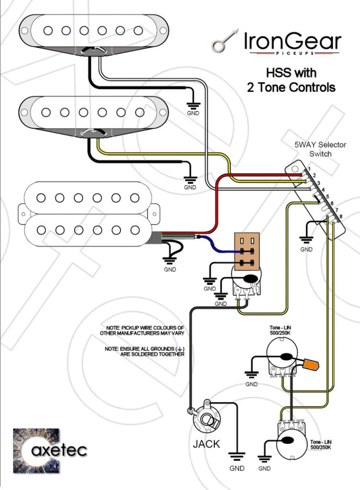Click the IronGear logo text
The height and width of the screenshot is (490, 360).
[293, 42]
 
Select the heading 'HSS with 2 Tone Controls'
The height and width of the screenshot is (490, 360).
[291, 80]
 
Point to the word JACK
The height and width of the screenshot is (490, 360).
[206, 444]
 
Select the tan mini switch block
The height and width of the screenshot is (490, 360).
[247, 252]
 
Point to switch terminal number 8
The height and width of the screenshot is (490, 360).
[341, 217]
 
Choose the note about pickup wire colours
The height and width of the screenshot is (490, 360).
[142, 330]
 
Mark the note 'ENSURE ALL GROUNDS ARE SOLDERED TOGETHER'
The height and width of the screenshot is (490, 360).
[145, 352]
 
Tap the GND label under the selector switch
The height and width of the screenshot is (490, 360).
[306, 249]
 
